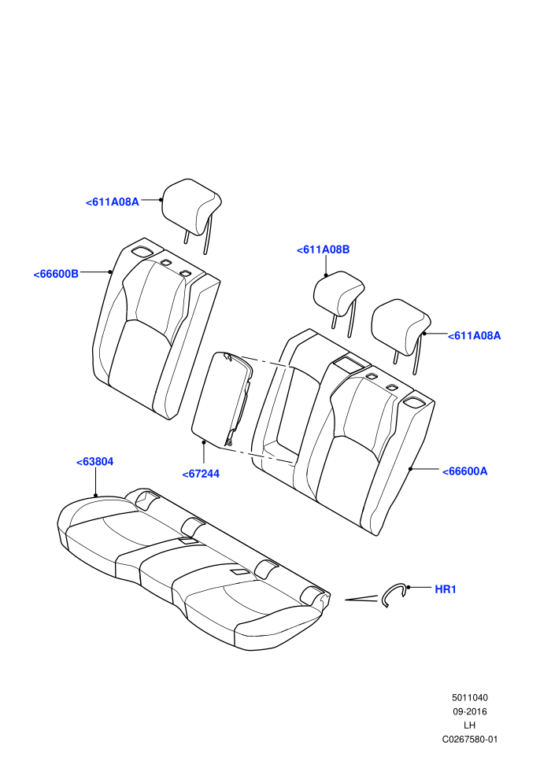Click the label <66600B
[56, 274]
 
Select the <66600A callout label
[464, 471]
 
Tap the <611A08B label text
[323, 249]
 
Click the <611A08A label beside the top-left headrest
[113, 201]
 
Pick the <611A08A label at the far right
[474, 335]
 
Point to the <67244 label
[201, 474]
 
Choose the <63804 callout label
[95, 462]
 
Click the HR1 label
[446, 589]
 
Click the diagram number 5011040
[469, 697]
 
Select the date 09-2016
[469, 711]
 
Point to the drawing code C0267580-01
[469, 739]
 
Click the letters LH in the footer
[469, 725]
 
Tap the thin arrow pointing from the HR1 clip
[361, 598]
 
